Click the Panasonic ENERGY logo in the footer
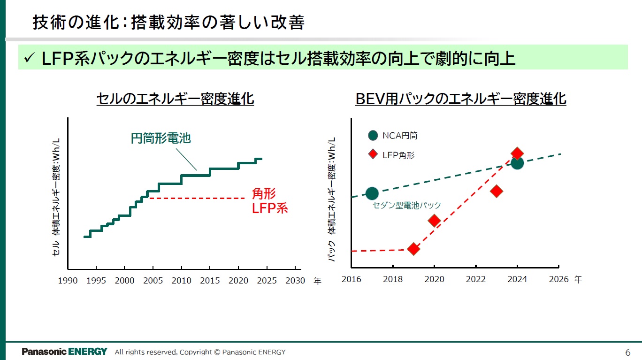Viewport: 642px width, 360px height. (x=64, y=352)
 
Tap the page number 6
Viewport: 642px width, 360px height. (x=628, y=352)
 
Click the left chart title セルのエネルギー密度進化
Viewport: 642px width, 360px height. (x=175, y=99)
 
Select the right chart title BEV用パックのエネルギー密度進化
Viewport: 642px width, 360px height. (x=461, y=99)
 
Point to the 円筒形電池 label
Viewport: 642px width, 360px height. (x=160, y=138)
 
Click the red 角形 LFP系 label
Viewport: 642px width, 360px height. (x=270, y=201)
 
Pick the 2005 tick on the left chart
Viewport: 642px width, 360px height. (x=153, y=281)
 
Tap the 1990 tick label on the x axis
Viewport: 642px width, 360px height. (x=68, y=281)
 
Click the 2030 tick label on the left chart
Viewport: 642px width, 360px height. (x=295, y=281)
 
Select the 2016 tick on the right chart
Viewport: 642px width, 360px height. (x=351, y=279)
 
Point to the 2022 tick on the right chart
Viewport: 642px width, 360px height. (x=475, y=279)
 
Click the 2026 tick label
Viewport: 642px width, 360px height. (x=558, y=279)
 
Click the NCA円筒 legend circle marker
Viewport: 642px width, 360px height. (x=373, y=136)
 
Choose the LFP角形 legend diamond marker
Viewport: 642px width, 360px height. (x=373, y=154)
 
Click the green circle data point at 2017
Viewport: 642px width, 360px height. (x=372, y=193)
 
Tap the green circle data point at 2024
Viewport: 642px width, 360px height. (x=517, y=163)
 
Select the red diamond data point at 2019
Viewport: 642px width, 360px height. (x=413, y=249)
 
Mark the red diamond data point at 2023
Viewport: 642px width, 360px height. (x=497, y=191)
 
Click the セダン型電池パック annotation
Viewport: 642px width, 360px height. (x=406, y=205)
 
